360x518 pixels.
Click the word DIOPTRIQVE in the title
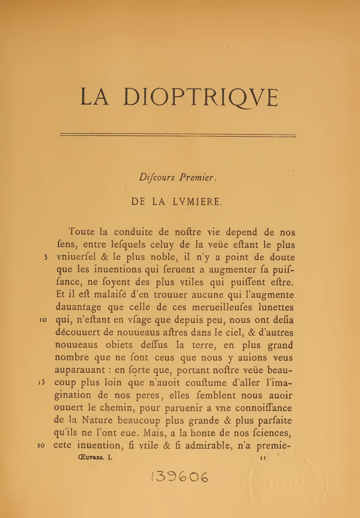[x=201, y=97]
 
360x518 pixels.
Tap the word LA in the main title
[x=94, y=97]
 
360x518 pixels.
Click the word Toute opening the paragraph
[x=81, y=232]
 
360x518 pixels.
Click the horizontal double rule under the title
[x=178, y=135]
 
